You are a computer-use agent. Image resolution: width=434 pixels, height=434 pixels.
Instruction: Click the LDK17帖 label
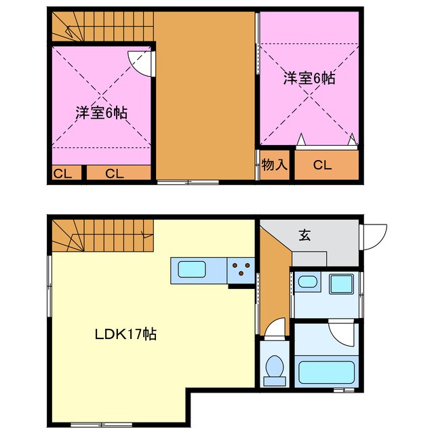coord(126,334)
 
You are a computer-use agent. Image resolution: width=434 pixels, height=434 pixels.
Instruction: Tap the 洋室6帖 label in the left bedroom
coord(102,112)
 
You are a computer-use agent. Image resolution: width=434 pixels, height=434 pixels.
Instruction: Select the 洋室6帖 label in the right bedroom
coord(309,78)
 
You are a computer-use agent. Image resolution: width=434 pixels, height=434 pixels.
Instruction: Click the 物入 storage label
coord(275,164)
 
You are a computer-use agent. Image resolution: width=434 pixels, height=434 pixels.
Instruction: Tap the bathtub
coord(326,372)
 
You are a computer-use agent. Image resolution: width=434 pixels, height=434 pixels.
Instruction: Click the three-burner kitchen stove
coord(240,270)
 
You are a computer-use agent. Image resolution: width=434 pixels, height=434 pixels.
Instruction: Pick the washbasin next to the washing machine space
coord(308,282)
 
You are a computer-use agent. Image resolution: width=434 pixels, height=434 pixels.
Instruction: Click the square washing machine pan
coord(341,283)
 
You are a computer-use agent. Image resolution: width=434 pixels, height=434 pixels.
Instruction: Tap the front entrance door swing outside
coord(374,235)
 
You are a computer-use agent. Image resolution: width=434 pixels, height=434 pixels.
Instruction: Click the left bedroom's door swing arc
coord(140,64)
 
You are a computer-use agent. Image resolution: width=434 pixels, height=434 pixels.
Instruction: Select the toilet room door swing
coord(275,330)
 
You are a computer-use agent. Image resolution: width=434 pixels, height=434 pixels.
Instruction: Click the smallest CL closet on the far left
coord(63,174)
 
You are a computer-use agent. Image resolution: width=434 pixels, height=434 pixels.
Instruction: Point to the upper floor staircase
coord(102,26)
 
